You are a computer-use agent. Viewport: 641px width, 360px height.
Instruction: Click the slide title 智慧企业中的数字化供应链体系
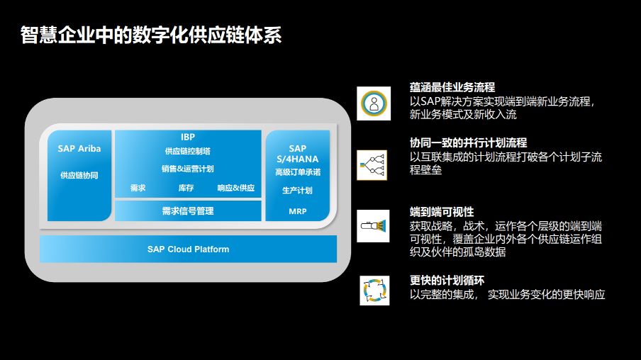pyautogui.click(x=151, y=35)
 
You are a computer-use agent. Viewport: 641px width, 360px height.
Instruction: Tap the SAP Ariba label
pyautogui.click(x=79, y=149)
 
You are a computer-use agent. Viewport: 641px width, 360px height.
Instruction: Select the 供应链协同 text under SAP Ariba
pyautogui.click(x=79, y=175)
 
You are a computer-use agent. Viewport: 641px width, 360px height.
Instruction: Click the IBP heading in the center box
pyautogui.click(x=188, y=137)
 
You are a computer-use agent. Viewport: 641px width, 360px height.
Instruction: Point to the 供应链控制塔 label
pyautogui.click(x=188, y=151)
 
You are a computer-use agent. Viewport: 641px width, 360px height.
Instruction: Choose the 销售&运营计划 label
pyautogui.click(x=188, y=169)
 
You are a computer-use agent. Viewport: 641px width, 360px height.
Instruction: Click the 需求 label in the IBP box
pyautogui.click(x=138, y=188)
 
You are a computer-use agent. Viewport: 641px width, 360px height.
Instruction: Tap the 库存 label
pyautogui.click(x=186, y=188)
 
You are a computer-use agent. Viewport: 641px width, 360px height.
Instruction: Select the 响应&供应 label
pyautogui.click(x=236, y=188)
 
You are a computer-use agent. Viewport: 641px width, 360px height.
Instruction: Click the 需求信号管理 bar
pyautogui.click(x=188, y=211)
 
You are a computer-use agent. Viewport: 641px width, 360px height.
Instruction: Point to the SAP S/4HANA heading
pyautogui.click(x=298, y=154)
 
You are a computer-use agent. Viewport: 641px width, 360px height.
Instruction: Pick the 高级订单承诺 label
pyautogui.click(x=298, y=172)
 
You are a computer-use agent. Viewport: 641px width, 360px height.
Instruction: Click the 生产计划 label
pyautogui.click(x=298, y=191)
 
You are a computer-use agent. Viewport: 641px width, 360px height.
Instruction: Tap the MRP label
pyautogui.click(x=298, y=211)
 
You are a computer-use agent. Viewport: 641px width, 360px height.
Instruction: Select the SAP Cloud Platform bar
pyautogui.click(x=188, y=249)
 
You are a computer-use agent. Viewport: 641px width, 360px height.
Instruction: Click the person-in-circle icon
pyautogui.click(x=374, y=103)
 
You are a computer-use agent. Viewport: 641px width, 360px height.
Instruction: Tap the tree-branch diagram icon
pyautogui.click(x=372, y=165)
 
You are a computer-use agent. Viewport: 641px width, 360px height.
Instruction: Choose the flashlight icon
pyautogui.click(x=373, y=226)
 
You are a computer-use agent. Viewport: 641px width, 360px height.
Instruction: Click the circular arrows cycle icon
pyautogui.click(x=374, y=291)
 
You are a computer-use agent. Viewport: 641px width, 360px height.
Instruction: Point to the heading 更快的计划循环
pyautogui.click(x=447, y=281)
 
